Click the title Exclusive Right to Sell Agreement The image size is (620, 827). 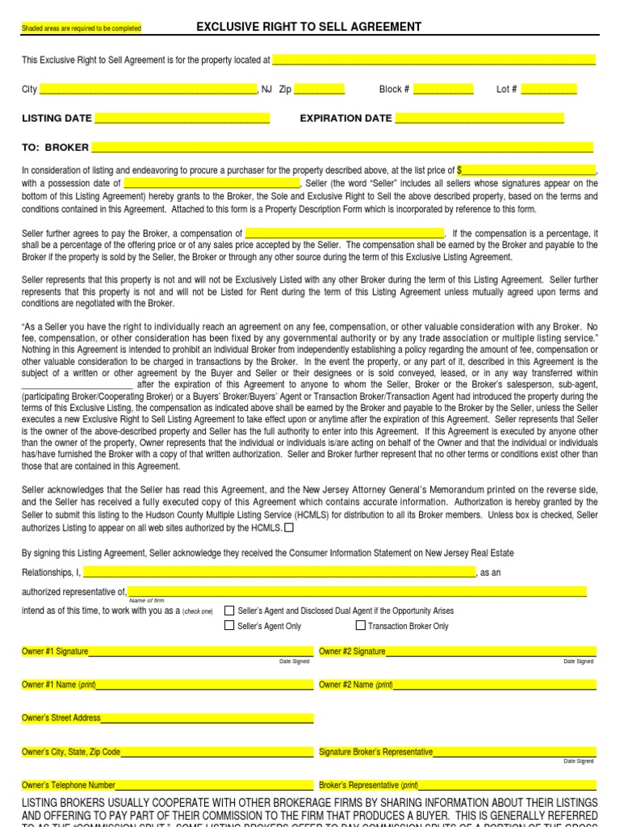(x=309, y=27)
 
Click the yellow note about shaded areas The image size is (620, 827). (x=81, y=28)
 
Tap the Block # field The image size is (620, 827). (x=443, y=90)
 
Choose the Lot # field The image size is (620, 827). (x=549, y=90)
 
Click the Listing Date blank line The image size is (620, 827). (x=182, y=119)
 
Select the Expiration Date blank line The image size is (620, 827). (x=479, y=119)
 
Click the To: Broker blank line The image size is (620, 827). (x=341, y=148)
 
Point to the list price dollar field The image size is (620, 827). (x=526, y=170)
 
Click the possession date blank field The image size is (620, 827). (x=212, y=183)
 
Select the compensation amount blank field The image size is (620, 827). (x=345, y=233)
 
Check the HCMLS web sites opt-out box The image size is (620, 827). (x=290, y=528)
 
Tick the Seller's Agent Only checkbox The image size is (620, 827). (x=229, y=625)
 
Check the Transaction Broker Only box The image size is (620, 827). (x=360, y=625)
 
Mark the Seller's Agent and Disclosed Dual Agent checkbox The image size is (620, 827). (x=229, y=611)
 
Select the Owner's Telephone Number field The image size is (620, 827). (x=214, y=785)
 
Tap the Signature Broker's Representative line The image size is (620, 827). (x=514, y=752)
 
